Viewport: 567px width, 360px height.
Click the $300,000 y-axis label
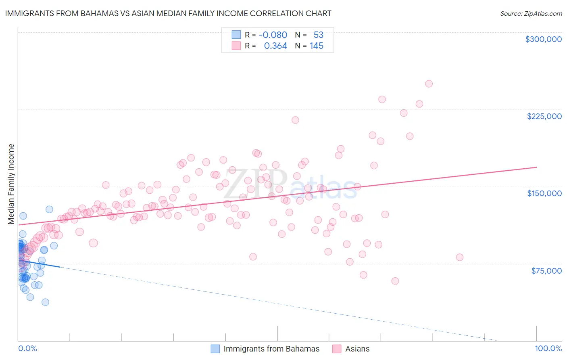tap(543, 39)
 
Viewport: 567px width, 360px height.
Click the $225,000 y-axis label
tap(544, 116)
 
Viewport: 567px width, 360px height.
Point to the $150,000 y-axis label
tap(544, 193)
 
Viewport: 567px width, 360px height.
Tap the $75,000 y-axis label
tap(546, 271)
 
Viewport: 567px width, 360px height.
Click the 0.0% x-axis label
tap(27, 349)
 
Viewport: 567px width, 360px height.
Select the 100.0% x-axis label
tap(548, 349)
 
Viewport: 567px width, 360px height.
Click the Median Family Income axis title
tap(11, 184)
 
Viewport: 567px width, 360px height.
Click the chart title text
tap(168, 13)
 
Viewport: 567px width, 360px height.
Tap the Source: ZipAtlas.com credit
tap(531, 14)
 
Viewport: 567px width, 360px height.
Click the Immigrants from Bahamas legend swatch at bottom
tap(216, 349)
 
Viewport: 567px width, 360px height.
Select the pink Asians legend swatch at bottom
tap(337, 349)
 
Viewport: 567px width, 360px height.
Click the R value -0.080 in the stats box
tap(273, 35)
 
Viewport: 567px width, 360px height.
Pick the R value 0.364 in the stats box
tap(275, 46)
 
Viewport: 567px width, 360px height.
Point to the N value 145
tap(317, 46)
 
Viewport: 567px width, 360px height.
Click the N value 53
tap(319, 35)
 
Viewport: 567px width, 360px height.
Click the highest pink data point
tap(429, 84)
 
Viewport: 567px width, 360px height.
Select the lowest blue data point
tap(45, 302)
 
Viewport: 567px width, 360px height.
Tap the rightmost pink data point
tap(459, 257)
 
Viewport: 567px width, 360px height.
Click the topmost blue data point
tap(49, 209)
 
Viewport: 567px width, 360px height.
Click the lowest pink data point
tap(395, 281)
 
